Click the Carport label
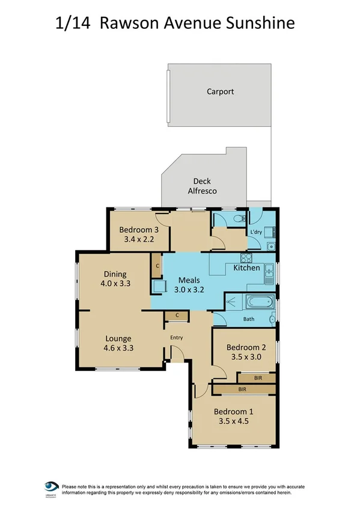click(x=220, y=92)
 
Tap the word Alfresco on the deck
click(x=201, y=191)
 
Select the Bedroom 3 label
click(x=139, y=230)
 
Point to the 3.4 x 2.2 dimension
click(x=139, y=239)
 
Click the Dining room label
click(x=114, y=274)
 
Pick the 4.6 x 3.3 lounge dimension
click(x=114, y=347)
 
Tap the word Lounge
click(x=114, y=338)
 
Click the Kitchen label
click(x=246, y=268)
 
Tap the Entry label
click(x=176, y=337)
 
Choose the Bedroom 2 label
click(x=246, y=347)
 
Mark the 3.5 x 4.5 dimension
click(x=234, y=421)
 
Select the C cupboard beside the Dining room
click(x=157, y=265)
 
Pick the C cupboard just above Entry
click(x=177, y=315)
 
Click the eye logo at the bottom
click(x=51, y=486)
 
